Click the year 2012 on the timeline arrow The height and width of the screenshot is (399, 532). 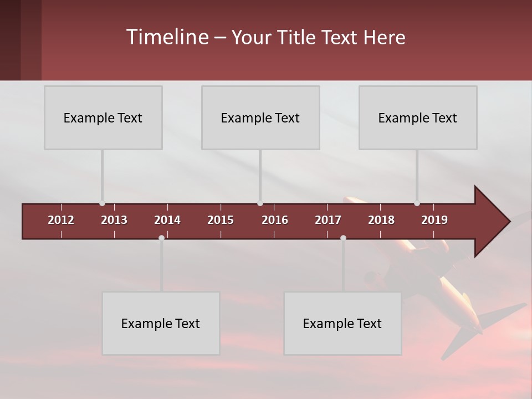(61, 220)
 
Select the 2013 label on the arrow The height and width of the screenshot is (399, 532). (114, 220)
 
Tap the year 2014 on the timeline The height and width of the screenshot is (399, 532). (167, 220)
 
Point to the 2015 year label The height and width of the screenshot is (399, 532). (221, 220)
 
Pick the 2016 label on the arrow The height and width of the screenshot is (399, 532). (275, 220)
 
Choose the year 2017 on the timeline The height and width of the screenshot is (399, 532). (328, 220)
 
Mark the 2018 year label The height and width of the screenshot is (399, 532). (381, 220)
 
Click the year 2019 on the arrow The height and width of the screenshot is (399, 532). (434, 220)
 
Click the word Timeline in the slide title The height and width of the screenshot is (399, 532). (167, 37)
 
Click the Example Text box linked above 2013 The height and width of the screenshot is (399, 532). (103, 117)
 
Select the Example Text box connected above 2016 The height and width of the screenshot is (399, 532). (260, 117)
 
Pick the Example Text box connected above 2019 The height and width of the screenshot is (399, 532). (418, 117)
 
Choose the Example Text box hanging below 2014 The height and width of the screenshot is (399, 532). (161, 323)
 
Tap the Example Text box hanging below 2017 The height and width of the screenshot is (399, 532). (342, 323)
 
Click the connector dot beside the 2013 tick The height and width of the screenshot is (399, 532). (102, 203)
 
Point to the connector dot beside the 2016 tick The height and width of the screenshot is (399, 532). (260, 203)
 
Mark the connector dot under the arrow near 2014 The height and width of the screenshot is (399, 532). (161, 238)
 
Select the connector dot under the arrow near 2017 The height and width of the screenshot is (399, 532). (343, 238)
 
